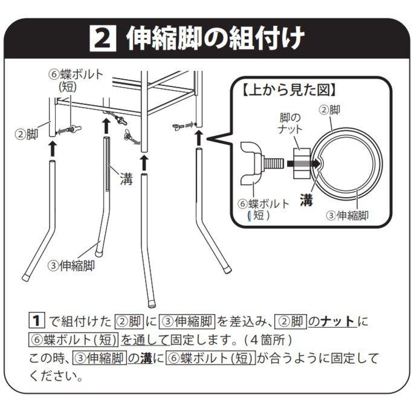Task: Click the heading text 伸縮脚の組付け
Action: [215, 38]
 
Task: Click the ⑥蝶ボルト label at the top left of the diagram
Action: [76, 81]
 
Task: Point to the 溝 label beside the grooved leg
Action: [125, 180]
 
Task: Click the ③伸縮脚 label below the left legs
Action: [71, 264]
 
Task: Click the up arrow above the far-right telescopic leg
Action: [199, 137]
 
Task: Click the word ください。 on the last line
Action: [56, 377]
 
